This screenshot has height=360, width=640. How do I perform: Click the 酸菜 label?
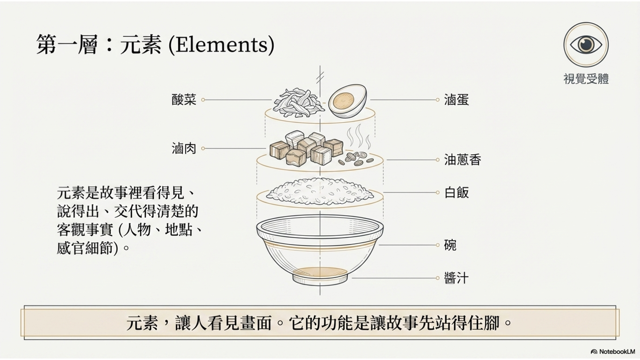[x=184, y=100]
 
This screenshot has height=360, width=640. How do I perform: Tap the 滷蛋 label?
[x=456, y=100]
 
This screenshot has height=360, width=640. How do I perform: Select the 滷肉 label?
[x=184, y=149]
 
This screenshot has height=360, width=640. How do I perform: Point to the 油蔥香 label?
[x=462, y=160]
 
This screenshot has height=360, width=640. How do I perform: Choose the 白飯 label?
[x=457, y=193]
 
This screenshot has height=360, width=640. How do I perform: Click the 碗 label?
[x=450, y=245]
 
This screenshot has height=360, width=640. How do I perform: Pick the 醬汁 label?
[x=456, y=278]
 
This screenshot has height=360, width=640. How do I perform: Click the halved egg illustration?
[x=347, y=101]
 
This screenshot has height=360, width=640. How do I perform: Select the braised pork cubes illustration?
[x=306, y=149]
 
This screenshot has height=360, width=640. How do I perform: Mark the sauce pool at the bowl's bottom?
[x=320, y=272]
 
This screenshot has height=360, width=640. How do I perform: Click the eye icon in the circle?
[x=586, y=44]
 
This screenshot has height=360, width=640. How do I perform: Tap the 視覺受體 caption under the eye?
[x=586, y=79]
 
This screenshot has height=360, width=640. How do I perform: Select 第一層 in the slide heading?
[x=67, y=45]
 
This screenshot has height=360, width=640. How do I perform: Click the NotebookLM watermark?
[x=613, y=352]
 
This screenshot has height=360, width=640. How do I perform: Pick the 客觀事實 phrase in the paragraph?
[x=85, y=230]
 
